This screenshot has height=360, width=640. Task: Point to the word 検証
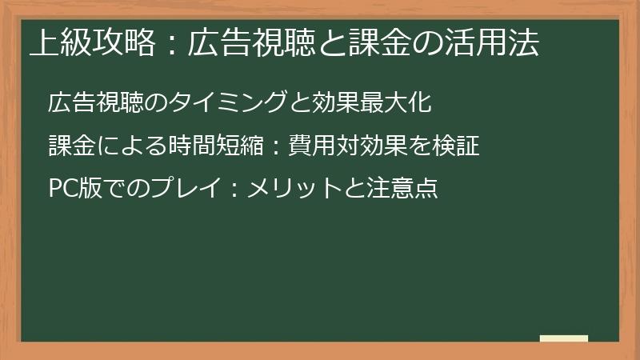459,147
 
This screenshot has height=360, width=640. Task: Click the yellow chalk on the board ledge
563,338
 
